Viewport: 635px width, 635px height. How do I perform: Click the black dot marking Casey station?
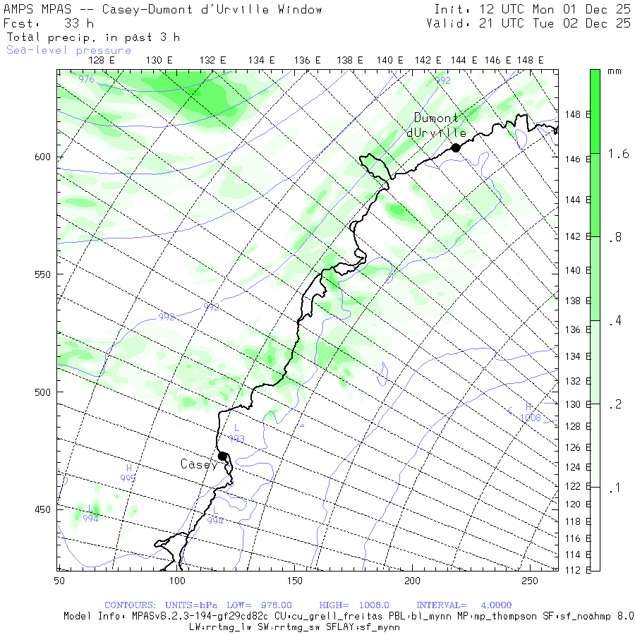click(x=222, y=456)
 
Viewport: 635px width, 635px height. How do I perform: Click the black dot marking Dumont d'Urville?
click(x=456, y=147)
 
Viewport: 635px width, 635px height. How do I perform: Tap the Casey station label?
click(x=199, y=464)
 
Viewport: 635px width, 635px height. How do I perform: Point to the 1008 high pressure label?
click(x=530, y=418)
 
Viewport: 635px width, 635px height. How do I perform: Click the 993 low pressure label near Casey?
click(x=236, y=439)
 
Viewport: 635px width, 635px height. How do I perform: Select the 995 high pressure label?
click(x=128, y=478)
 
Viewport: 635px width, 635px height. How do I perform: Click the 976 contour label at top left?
click(x=86, y=80)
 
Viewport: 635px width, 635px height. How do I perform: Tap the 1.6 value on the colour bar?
click(x=619, y=154)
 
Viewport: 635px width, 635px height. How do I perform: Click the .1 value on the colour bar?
click(x=615, y=488)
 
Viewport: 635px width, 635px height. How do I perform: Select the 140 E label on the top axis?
click(x=389, y=61)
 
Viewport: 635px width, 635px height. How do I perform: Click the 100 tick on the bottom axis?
click(x=176, y=580)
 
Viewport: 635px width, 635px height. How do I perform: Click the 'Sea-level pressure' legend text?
click(x=68, y=50)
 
